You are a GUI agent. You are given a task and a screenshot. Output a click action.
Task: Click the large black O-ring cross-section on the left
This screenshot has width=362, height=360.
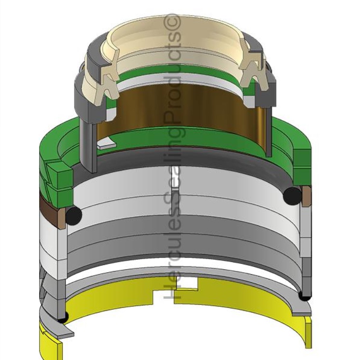click(x=74, y=216)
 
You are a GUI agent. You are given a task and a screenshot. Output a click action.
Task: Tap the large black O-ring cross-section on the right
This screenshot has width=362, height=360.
click(x=292, y=196)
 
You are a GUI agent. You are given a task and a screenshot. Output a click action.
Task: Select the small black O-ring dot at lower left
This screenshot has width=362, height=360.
click(x=62, y=317)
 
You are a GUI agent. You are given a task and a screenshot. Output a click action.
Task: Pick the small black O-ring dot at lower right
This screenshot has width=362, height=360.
click(x=305, y=296)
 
